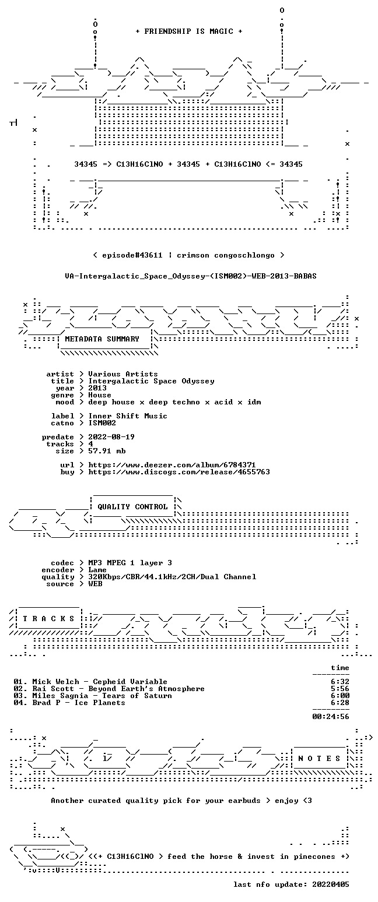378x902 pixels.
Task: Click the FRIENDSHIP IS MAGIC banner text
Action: pyautogui.click(x=189, y=31)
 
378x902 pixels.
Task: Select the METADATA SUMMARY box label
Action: pyautogui.click(x=102, y=339)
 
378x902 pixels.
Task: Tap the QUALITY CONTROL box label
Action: pyautogui.click(x=132, y=506)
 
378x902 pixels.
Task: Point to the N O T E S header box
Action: pyautogui.click(x=319, y=758)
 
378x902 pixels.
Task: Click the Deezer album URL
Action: pyautogui.click(x=172, y=464)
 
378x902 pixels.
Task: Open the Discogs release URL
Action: pyautogui.click(x=179, y=472)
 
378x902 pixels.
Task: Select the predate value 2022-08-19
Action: pyautogui.click(x=111, y=437)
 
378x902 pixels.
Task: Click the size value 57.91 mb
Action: pyautogui.click(x=107, y=451)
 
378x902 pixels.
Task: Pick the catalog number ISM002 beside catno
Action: pyautogui.click(x=102, y=423)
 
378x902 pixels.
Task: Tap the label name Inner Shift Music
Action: pyautogui.click(x=128, y=416)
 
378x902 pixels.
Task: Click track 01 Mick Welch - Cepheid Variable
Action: pyautogui.click(x=90, y=682)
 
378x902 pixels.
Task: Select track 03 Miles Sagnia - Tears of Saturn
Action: pyautogui.click(x=93, y=696)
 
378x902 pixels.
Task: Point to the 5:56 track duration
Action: pyautogui.click(x=340, y=689)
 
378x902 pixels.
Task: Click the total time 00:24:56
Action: pyautogui.click(x=331, y=717)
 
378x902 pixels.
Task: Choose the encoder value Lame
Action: pyautogui.click(x=97, y=570)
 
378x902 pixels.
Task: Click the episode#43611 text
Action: pyautogui.click(x=132, y=255)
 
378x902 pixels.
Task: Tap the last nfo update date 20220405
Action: pyautogui.click(x=331, y=885)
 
